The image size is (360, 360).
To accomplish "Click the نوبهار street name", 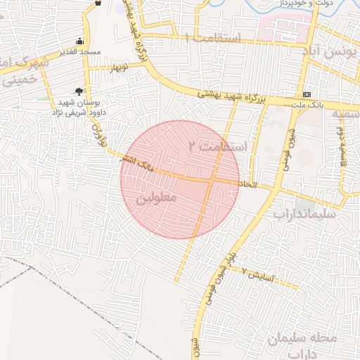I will click(x=118, y=68).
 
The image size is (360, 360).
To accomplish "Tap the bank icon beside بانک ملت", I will click(x=307, y=94).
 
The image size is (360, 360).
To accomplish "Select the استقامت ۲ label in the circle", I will click(x=219, y=147).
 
